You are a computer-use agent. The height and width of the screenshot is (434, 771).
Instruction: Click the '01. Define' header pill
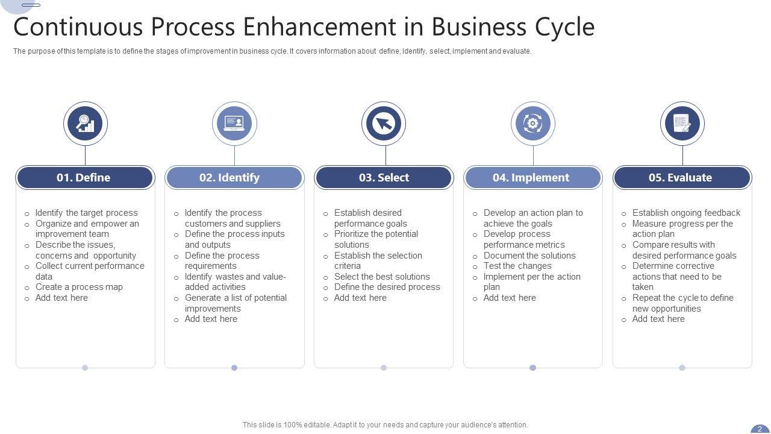tap(84, 178)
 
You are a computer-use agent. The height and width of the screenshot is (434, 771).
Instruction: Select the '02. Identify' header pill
tap(234, 178)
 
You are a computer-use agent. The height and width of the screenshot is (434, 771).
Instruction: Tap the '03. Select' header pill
tap(384, 178)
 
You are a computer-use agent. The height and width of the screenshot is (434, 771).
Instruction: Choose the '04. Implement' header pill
tap(532, 178)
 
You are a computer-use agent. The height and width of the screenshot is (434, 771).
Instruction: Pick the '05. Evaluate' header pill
tap(682, 178)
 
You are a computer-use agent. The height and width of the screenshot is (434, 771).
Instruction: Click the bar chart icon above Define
tap(86, 124)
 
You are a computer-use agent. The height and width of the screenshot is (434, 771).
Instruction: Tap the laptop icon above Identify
tap(234, 124)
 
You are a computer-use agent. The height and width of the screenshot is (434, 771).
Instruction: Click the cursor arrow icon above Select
tap(384, 124)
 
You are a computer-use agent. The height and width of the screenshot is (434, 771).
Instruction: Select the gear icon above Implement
tap(533, 124)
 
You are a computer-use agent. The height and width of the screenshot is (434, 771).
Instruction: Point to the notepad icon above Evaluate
tap(682, 124)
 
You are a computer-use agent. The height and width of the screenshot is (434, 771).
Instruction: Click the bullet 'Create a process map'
tap(79, 287)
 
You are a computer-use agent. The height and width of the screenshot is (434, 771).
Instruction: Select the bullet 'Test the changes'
tap(517, 266)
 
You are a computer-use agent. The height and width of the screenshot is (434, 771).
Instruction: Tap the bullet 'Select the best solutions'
tap(382, 277)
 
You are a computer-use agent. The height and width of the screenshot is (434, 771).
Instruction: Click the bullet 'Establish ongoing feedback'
tap(686, 213)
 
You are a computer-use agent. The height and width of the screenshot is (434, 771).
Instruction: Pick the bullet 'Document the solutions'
tap(529, 256)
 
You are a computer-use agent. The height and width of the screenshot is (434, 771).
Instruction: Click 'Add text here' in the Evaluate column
tap(658, 319)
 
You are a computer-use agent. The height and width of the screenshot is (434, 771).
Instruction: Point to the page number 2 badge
tap(760, 429)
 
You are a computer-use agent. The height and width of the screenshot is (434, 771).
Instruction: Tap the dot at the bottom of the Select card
tap(384, 368)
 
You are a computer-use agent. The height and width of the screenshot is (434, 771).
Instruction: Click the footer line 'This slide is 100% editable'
tap(385, 425)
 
